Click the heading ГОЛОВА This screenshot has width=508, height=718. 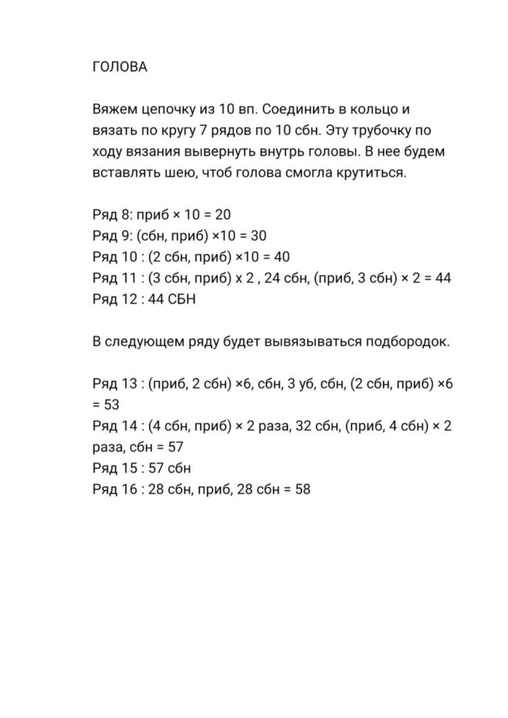pos(120,67)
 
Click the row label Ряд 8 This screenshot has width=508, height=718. pos(110,214)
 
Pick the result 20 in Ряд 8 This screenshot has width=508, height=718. pos(223,214)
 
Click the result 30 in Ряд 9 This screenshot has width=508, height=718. pos(258,236)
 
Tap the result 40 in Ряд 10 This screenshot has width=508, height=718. pos(281,257)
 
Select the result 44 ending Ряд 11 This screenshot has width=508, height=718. pos(443,278)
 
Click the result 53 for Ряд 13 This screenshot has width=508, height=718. pos(111,405)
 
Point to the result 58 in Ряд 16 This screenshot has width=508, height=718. pos(303,489)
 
